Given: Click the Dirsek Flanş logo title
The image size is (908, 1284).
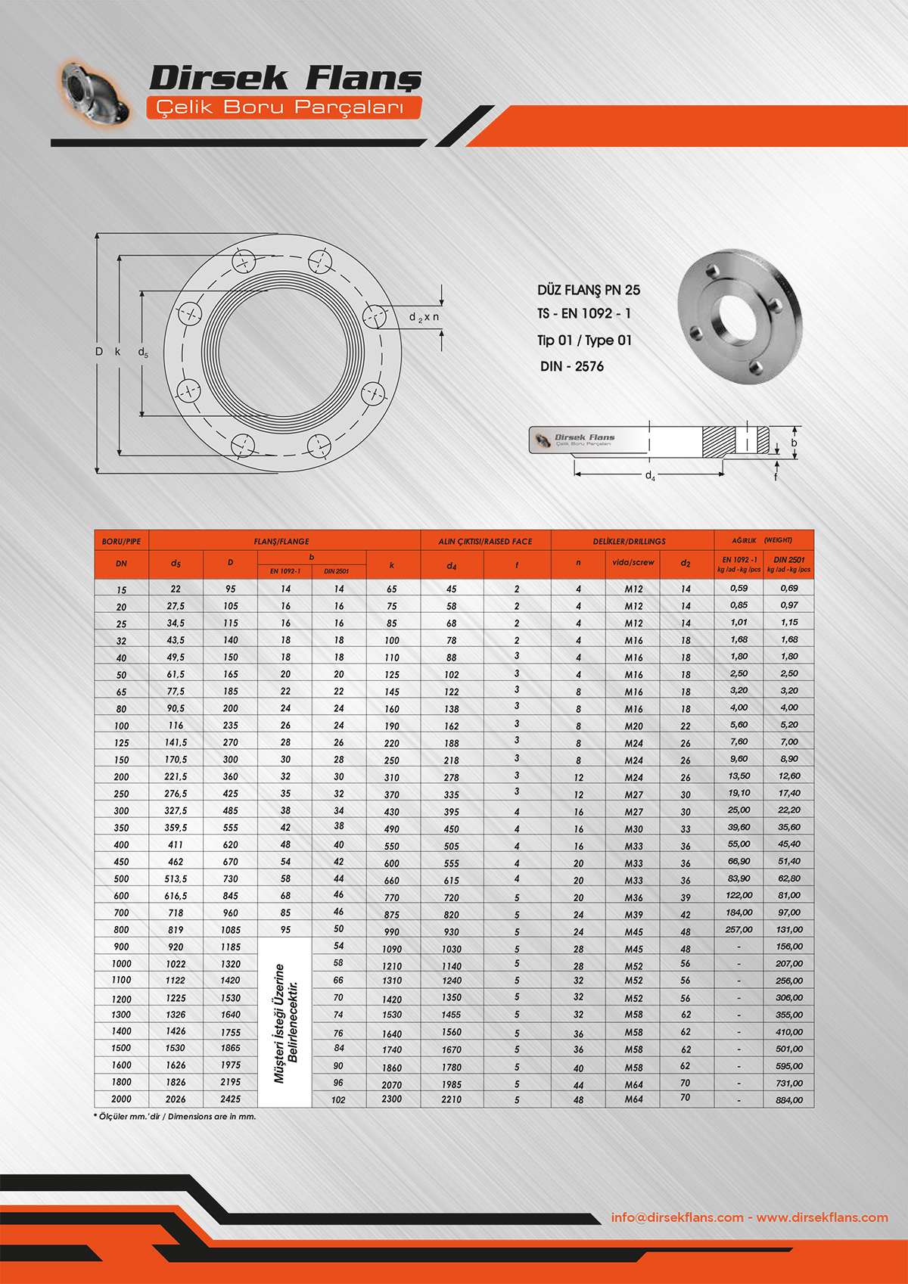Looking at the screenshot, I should tap(285, 78).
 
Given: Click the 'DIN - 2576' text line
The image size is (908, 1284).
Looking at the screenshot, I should tap(572, 366).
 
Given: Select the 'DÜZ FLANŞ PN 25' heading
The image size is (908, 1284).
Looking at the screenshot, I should tap(589, 290).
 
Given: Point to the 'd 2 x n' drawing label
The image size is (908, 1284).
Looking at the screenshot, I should tap(424, 317).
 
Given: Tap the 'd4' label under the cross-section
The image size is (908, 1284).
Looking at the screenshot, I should tap(650, 476).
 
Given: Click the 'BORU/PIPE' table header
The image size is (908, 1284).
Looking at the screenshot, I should tap(121, 541).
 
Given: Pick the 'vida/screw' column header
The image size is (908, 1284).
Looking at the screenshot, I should tap(633, 562).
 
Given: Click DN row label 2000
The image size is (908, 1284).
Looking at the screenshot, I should tap(121, 1099).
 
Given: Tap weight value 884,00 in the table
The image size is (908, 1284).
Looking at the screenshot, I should tap(788, 1099).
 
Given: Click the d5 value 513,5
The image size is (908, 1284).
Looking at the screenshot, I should tap(176, 878).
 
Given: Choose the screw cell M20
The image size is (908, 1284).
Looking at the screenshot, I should tap(633, 726).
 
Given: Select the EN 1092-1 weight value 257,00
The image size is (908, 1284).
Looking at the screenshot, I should tap(739, 929).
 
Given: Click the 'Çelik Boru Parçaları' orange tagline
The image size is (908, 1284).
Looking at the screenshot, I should tap(280, 107).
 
